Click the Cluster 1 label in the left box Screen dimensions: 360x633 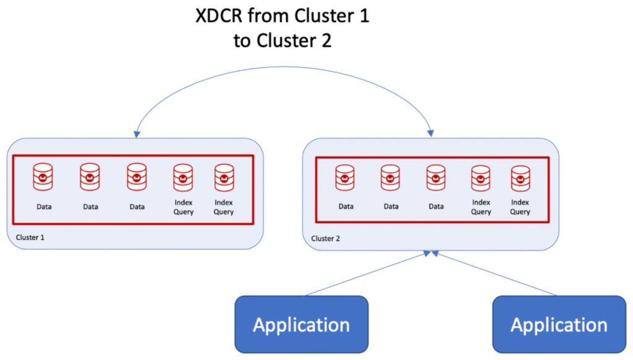click(30, 237)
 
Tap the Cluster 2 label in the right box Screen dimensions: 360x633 click(326, 238)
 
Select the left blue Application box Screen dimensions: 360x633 click(302, 324)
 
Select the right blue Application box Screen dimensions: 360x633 click(559, 324)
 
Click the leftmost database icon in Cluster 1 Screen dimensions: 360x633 click(43, 178)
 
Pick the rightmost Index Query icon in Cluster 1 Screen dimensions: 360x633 click(223, 178)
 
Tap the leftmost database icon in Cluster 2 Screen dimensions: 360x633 click(345, 178)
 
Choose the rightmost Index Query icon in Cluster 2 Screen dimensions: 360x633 click(520, 178)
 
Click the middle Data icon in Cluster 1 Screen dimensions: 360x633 click(90, 178)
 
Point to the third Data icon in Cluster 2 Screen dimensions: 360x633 click(436, 178)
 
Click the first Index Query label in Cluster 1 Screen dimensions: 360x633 click(184, 207)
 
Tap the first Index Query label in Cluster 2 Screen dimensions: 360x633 click(481, 207)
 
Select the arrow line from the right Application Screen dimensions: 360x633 click(495, 274)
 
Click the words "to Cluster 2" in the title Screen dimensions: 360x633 click(282, 41)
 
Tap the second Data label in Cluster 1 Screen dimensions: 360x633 click(90, 207)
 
